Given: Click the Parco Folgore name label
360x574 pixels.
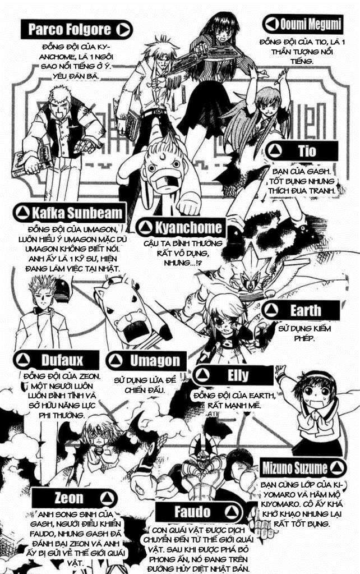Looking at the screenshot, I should tap(70, 29).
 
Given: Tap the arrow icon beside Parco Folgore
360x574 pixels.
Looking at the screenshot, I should tap(124, 29).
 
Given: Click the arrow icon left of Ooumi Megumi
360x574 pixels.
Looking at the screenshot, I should tap(271, 24).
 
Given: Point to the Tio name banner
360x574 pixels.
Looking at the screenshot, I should tap(303, 151).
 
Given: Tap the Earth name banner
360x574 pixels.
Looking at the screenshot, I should tap(303, 310).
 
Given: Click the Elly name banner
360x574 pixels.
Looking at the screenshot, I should tap(233, 375).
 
